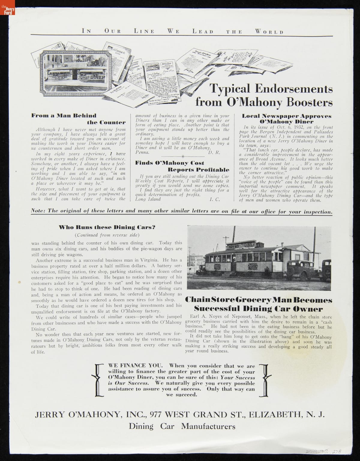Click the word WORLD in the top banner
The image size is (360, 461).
click(x=269, y=32)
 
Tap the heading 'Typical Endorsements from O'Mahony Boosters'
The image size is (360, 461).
click(x=264, y=95)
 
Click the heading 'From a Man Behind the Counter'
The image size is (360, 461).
click(x=78, y=119)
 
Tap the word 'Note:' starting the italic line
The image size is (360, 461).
click(x=38, y=211)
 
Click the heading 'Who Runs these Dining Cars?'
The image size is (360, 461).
click(x=107, y=227)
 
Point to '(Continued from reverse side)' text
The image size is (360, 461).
click(x=107, y=235)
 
